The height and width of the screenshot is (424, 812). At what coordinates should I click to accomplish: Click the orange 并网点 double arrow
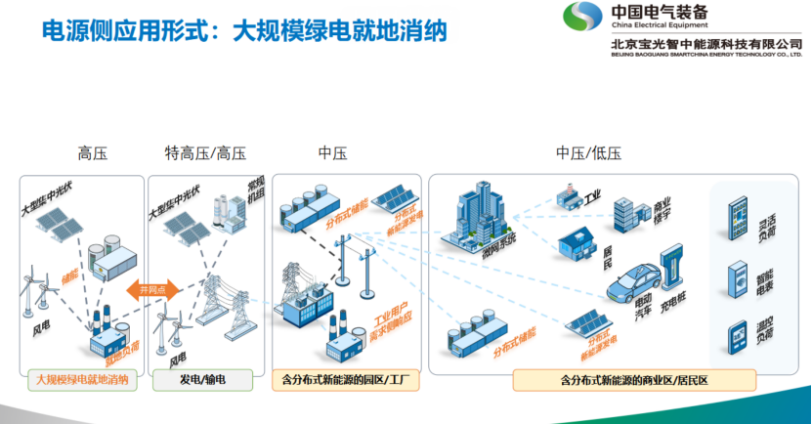[149, 290]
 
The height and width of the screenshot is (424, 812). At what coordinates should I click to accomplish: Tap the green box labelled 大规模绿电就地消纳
[82, 379]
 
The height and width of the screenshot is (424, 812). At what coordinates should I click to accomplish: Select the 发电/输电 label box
[203, 379]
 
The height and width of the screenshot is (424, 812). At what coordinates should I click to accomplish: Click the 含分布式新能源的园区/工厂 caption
[346, 379]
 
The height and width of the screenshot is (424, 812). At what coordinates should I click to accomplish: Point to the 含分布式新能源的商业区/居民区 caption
[620, 379]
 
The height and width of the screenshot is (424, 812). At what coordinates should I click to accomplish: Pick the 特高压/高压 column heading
[205, 152]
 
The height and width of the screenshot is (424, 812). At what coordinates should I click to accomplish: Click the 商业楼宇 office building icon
[625, 214]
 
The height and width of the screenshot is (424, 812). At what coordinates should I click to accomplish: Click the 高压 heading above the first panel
[92, 152]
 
